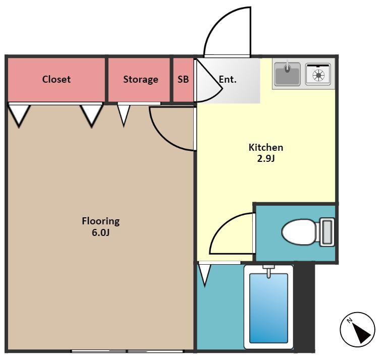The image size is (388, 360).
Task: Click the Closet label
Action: (x=57, y=79)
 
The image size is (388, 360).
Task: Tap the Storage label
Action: (x=141, y=80)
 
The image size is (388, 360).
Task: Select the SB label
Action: (x=183, y=79)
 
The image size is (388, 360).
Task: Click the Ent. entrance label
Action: (x=228, y=80)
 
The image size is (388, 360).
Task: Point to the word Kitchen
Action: (x=266, y=147)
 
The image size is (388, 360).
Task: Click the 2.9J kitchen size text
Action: (x=266, y=158)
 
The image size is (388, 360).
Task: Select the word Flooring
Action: (x=101, y=221)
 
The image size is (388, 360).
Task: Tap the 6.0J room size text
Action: (x=100, y=232)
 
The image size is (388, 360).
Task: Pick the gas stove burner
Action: (x=318, y=75)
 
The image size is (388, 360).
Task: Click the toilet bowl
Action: (x=299, y=232)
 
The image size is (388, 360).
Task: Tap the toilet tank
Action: (x=327, y=232)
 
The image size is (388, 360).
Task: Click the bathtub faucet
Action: (x=269, y=271)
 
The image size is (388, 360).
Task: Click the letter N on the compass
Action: (x=349, y=321)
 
